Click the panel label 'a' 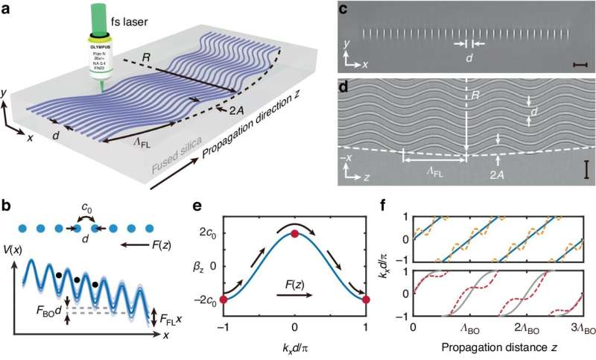[9, 8]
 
